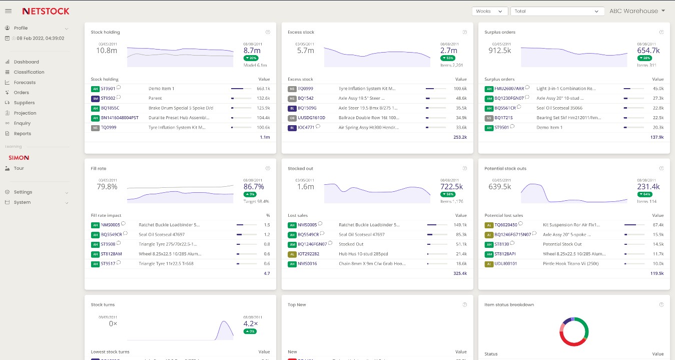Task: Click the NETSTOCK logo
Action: [46, 11]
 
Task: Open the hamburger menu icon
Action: [8, 11]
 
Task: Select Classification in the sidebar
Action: [29, 72]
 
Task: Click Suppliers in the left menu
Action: [24, 103]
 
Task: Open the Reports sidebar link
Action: [23, 134]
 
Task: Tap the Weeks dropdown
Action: [489, 11]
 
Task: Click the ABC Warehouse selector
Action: [636, 11]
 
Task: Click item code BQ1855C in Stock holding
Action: [110, 108]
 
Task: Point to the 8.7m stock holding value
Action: [252, 51]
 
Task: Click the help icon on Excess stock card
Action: [465, 32]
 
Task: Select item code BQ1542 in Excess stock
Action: [306, 98]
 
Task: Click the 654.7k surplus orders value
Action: [648, 51]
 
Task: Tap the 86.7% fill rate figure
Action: [254, 187]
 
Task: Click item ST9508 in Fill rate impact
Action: [108, 244]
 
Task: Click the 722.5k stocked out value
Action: [451, 187]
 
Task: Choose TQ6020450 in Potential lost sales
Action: [505, 225]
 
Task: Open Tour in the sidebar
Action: [19, 168]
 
